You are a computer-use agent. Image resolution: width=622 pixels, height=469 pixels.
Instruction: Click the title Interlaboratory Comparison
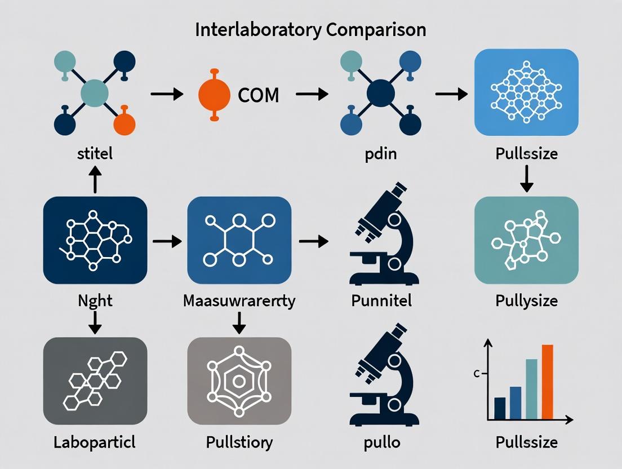click(310, 30)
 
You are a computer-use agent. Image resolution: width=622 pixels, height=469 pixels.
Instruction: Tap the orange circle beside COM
click(214, 94)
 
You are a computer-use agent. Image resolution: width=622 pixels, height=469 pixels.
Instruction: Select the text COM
click(259, 95)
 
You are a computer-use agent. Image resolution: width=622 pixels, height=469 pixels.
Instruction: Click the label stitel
click(95, 153)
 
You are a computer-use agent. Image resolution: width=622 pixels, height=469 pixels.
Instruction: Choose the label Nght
click(95, 300)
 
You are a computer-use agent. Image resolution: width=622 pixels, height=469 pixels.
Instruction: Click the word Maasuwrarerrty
click(239, 300)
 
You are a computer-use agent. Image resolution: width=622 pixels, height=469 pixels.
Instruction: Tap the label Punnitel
click(381, 300)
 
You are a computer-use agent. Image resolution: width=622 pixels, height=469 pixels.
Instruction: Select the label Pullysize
click(526, 300)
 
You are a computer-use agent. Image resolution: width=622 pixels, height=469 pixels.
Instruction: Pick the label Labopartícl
click(95, 442)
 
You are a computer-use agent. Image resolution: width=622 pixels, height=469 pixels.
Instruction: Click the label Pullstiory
click(239, 442)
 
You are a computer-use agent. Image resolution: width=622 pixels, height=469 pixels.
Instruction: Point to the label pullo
click(381, 442)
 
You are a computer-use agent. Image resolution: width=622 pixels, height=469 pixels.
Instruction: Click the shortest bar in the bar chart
click(500, 408)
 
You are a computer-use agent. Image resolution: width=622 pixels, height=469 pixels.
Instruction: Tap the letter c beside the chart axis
click(477, 374)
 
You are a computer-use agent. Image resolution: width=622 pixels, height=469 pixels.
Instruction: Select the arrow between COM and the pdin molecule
click(312, 94)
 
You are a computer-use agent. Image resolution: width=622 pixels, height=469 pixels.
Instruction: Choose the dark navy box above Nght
click(95, 240)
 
